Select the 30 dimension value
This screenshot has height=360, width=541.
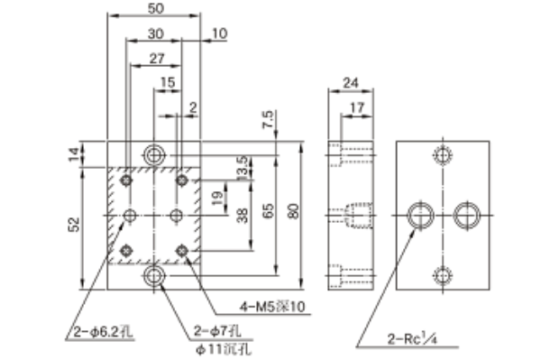point(155,33)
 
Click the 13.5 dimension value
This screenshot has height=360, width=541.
point(241,167)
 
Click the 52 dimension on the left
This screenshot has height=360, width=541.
point(75,224)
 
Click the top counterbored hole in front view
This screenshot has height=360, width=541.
point(154,154)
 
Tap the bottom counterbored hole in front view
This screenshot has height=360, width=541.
point(154,274)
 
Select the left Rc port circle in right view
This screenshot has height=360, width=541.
point(420,215)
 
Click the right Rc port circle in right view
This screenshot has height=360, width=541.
point(465,215)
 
